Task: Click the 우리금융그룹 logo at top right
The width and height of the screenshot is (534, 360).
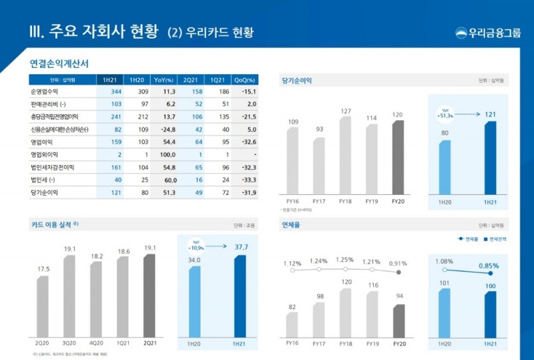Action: click(x=488, y=33)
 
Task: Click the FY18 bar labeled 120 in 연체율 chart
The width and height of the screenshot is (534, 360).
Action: click(x=345, y=311)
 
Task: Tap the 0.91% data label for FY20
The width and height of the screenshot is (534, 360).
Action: click(x=398, y=262)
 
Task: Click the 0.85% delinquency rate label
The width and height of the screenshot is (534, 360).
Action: click(x=488, y=264)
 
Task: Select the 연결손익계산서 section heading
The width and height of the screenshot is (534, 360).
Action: click(x=59, y=63)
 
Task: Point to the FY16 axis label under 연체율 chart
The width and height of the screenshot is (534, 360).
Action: click(x=292, y=343)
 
